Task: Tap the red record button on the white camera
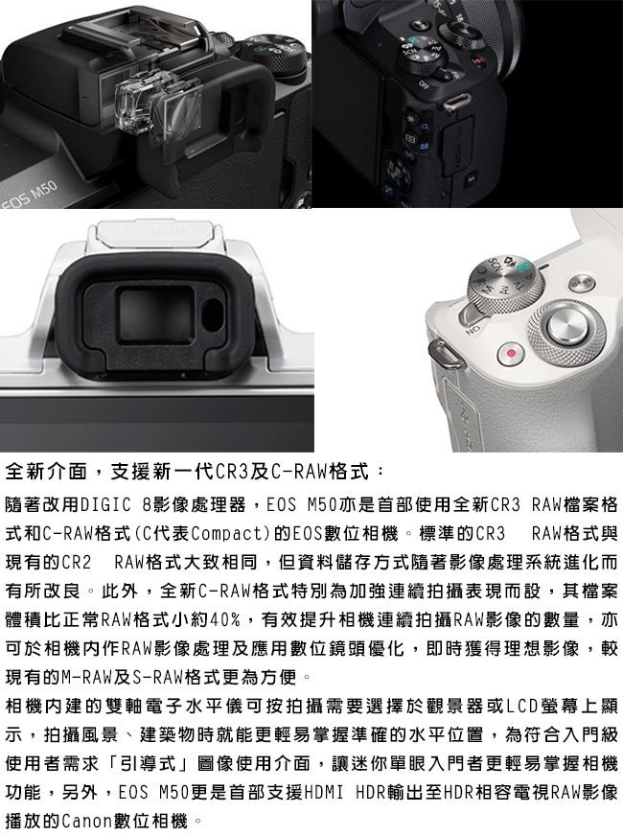point(511,353)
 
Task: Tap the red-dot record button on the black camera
point(478,61)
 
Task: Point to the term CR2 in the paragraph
point(78,562)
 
